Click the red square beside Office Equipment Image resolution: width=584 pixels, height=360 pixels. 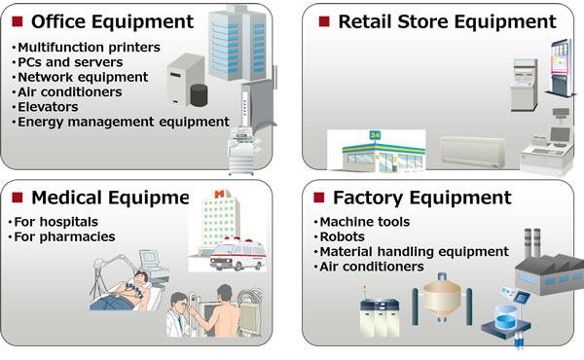click(x=17, y=21)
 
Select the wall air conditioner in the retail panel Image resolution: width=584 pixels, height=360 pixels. click(x=472, y=151)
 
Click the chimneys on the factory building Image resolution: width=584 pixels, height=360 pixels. click(x=531, y=248)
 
